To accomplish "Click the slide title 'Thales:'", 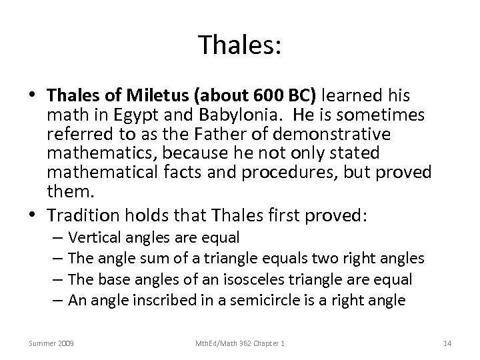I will click(239, 45).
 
